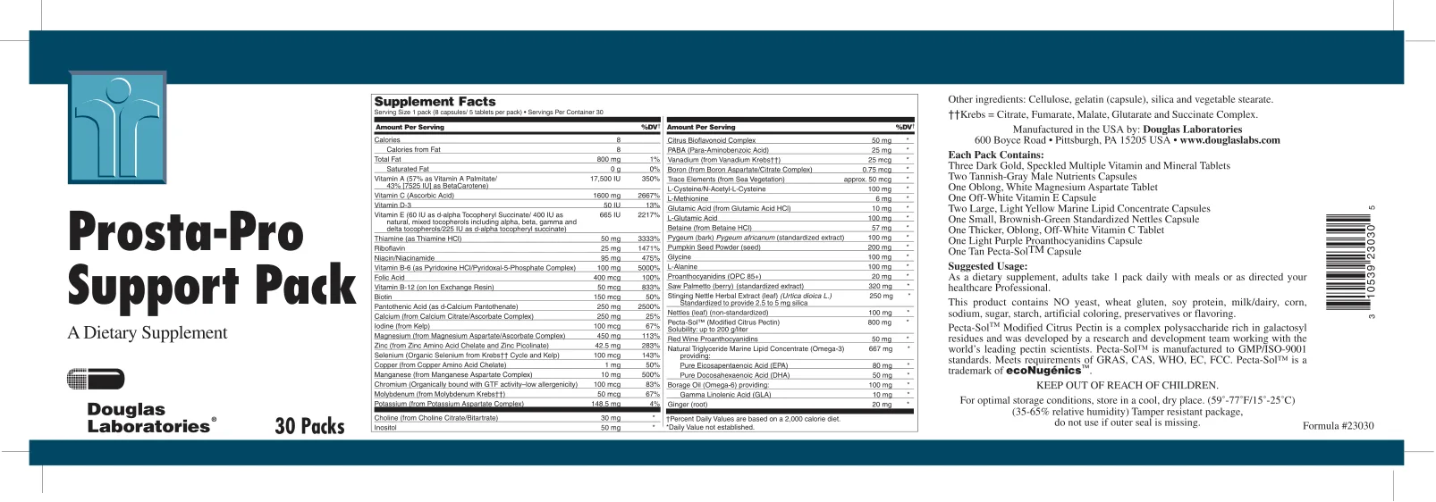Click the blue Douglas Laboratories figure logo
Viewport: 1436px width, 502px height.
117,126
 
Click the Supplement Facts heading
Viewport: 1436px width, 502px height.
435,102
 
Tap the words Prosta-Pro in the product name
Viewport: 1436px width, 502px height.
186,231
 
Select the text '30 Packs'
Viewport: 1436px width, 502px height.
309,426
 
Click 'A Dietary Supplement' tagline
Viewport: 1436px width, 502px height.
148,333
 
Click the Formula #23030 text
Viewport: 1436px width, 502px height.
1338,426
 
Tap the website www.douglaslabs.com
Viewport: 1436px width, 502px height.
1229,140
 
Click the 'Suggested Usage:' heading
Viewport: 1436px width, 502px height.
987,266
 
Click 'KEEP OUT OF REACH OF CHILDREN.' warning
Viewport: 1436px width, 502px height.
1127,386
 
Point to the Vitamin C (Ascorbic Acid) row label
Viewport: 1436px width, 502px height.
414,196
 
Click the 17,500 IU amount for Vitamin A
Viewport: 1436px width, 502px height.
605,179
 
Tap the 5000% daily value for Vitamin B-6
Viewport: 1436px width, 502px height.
648,268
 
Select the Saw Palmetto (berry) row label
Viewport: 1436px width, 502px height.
735,287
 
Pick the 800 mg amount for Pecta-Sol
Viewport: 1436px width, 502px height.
879,322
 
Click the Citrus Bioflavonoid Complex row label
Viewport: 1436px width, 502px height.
711,140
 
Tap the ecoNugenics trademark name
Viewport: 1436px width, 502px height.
1043,371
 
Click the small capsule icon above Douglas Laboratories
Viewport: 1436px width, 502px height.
96,379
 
